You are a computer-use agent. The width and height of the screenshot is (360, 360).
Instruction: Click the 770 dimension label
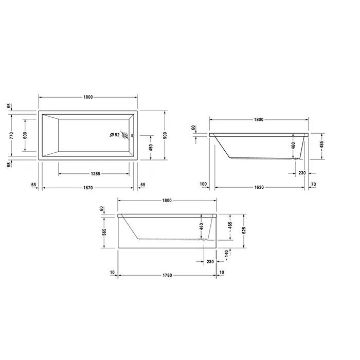12,135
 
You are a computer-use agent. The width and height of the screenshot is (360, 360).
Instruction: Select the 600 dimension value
25,135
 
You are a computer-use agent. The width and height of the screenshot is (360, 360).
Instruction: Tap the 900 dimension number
165,135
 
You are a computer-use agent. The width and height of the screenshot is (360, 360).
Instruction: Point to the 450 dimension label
151,148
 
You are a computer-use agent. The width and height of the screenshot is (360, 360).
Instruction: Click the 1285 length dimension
96,174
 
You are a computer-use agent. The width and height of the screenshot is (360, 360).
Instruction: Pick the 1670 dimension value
88,188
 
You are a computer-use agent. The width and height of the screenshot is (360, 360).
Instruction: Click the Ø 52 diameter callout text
115,135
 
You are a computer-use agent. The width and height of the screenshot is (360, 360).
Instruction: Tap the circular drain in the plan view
124,135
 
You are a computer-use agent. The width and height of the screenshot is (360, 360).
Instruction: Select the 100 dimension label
203,184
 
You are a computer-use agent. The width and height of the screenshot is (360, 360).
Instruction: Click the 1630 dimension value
259,187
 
